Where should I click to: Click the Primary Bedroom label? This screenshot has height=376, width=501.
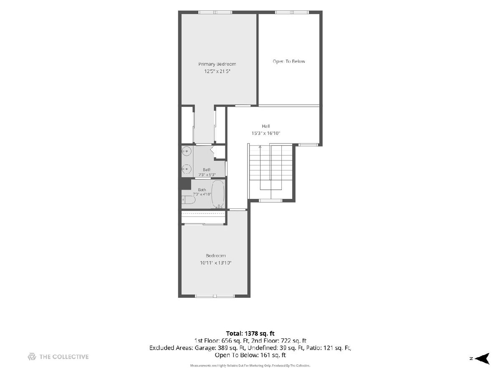(x=217, y=64)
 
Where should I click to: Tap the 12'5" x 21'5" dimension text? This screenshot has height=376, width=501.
(x=217, y=71)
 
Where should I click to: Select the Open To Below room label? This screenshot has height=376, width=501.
(x=289, y=61)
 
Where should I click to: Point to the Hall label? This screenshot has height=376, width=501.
(x=266, y=126)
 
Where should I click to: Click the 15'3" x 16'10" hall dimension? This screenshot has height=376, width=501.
(x=266, y=133)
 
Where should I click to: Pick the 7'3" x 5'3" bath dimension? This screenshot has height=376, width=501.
(x=207, y=175)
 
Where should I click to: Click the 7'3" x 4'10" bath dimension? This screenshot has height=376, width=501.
(x=202, y=194)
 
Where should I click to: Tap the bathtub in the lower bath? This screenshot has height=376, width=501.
(x=218, y=194)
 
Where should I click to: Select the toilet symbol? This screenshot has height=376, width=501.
(x=189, y=200)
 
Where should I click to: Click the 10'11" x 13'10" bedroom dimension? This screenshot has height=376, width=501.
(x=216, y=263)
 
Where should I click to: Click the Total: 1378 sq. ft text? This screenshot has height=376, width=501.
(x=250, y=333)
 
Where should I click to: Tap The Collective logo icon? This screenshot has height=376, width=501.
(x=32, y=357)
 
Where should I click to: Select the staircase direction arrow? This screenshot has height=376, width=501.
(x=260, y=147)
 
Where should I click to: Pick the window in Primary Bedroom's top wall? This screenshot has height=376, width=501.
(x=215, y=13)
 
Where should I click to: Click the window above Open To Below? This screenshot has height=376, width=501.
(x=292, y=13)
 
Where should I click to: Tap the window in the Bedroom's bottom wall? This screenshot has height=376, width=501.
(x=215, y=296)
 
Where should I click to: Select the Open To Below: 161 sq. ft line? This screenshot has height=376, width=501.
(x=250, y=355)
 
